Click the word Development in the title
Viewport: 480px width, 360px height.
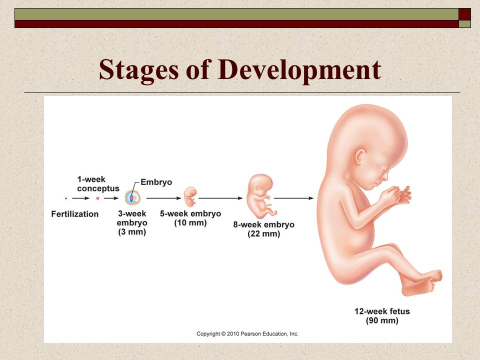(299, 70)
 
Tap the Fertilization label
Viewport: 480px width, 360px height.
(74, 214)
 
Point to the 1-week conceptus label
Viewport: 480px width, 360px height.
(98, 183)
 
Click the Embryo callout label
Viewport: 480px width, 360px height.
(156, 182)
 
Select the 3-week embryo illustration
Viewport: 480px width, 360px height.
(132, 198)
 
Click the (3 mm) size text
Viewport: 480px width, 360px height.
(132, 231)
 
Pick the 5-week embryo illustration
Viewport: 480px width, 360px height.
(190, 196)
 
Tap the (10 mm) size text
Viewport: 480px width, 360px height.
(190, 222)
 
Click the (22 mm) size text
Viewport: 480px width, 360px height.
(264, 234)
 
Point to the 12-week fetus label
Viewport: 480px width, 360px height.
(382, 311)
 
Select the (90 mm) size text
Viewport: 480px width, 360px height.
(382, 320)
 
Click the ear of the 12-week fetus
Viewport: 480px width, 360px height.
(360, 156)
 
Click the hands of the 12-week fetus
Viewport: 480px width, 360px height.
(397, 195)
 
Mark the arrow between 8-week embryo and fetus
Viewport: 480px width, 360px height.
(293, 198)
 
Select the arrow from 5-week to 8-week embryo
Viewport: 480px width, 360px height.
(220, 198)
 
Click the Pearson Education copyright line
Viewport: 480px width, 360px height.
(247, 333)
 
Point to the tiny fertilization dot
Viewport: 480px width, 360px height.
(66, 198)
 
